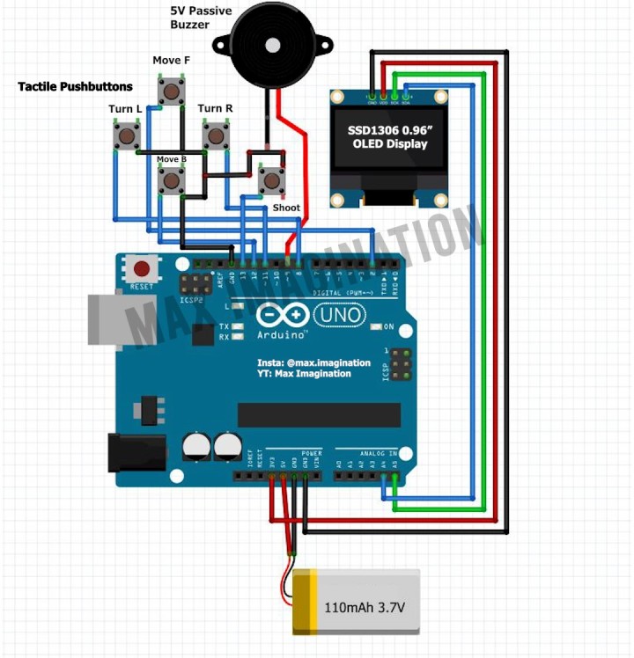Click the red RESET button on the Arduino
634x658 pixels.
[140, 267]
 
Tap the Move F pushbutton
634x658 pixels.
[171, 91]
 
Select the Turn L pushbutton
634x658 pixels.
[128, 136]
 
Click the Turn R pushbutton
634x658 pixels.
[216, 136]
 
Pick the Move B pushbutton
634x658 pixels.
[171, 181]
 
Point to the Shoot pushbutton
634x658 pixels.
[272, 181]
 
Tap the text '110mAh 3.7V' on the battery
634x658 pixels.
[365, 607]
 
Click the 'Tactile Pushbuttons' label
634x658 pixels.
[76, 87]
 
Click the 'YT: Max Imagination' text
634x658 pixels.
[305, 374]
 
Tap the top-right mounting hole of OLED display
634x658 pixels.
[439, 96]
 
